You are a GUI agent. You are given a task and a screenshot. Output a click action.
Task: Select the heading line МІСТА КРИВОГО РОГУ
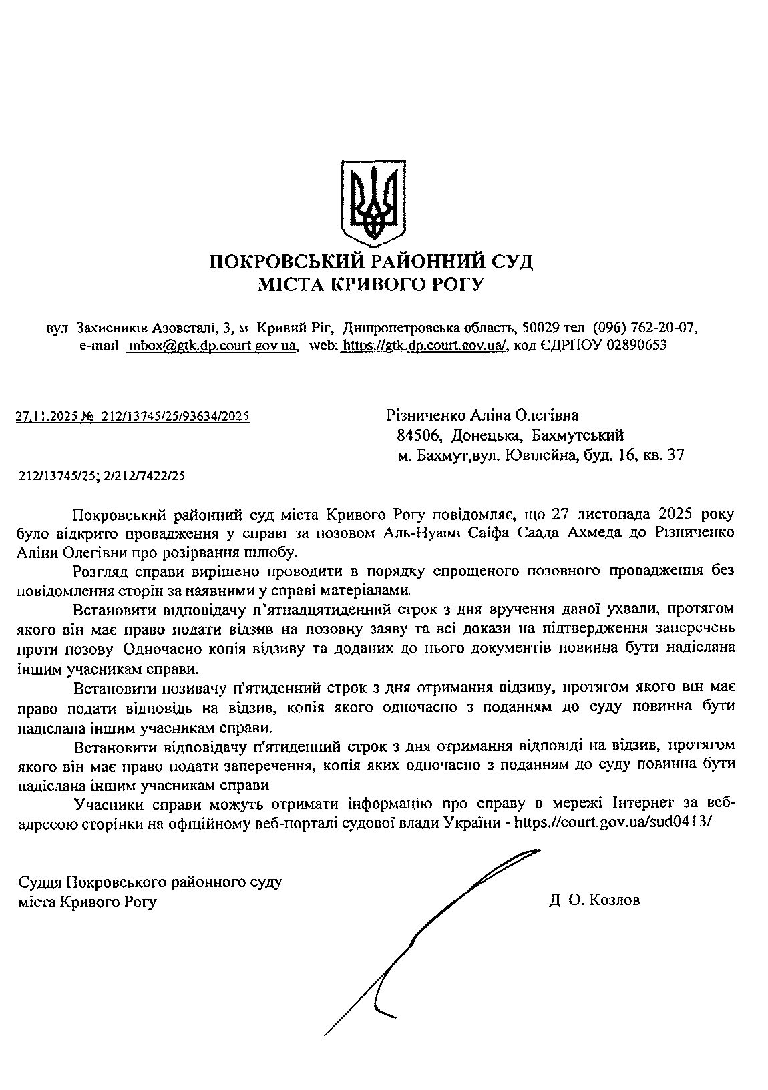pos(371,285)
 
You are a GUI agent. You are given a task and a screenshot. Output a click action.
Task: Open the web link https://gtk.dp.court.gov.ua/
pos(425,346)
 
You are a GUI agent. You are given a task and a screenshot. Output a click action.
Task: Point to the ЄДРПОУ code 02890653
pos(636,346)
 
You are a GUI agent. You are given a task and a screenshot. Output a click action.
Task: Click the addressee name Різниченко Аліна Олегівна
pos(482,416)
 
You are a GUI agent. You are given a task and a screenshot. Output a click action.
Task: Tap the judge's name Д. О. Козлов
pos(594,900)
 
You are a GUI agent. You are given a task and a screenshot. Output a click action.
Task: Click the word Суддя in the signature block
pos(41,882)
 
